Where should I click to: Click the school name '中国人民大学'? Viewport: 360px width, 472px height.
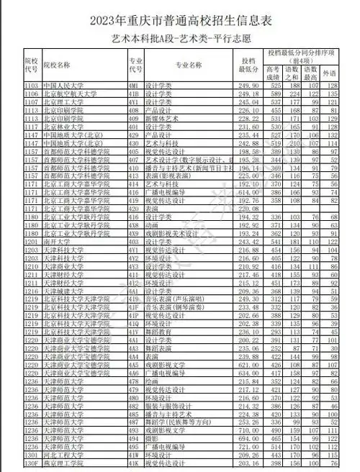(x=61, y=86)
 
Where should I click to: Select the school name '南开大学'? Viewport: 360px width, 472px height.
(x=57, y=243)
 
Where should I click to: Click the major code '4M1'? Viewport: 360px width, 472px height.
(x=133, y=86)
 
